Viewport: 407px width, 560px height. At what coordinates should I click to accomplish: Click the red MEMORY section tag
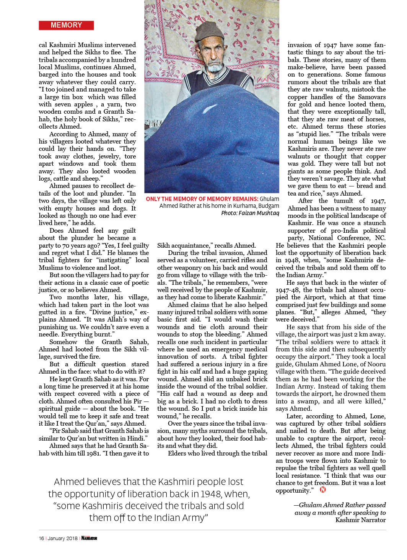coord(66,25)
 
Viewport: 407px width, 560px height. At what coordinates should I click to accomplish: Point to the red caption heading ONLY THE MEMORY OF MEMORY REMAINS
coord(202,199)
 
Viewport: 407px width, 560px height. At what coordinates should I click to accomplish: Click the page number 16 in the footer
coord(41,538)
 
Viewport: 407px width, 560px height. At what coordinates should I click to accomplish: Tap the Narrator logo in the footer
coord(89,538)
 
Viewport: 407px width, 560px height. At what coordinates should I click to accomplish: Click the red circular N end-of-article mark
coord(323,490)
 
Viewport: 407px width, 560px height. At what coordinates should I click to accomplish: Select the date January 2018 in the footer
coord(62,538)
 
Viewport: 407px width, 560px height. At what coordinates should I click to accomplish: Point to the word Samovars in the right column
coord(371,97)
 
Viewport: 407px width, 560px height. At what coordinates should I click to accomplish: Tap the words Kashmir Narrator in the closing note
coord(360,520)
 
